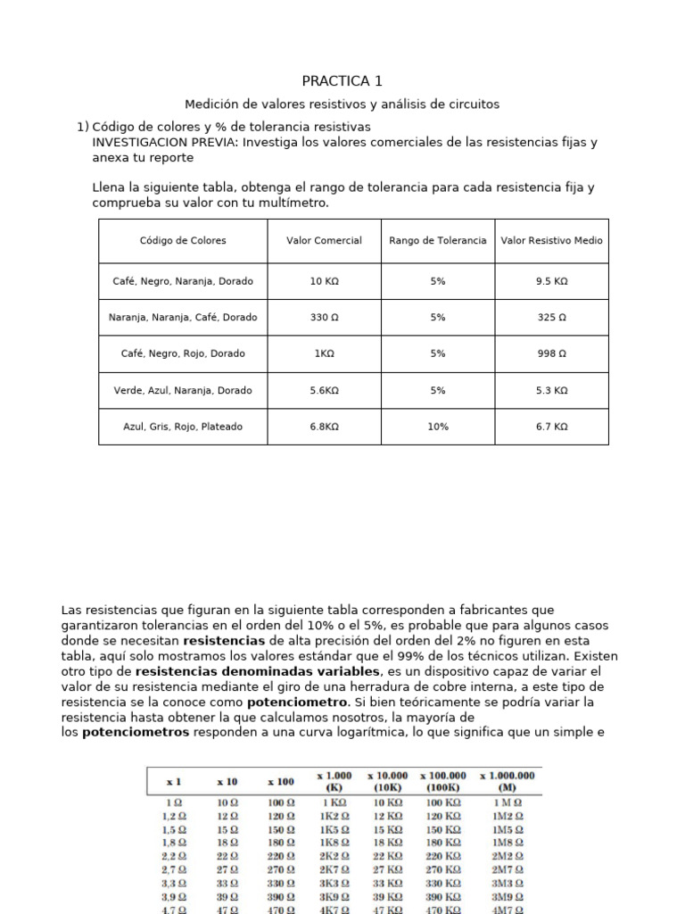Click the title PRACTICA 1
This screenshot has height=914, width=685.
point(342,81)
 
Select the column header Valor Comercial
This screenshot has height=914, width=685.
point(324,240)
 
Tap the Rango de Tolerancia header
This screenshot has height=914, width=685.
point(437,240)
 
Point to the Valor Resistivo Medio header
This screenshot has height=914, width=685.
point(551,240)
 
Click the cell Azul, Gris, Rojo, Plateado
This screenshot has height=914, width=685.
point(183,427)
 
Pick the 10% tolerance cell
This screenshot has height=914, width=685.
point(437,427)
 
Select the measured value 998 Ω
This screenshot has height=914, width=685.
point(551,353)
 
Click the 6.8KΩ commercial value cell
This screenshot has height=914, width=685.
point(324,427)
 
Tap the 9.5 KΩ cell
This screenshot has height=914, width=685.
point(551,280)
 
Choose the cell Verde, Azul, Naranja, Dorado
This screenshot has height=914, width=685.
point(183,390)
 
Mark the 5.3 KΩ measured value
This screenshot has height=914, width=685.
point(551,390)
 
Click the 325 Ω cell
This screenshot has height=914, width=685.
point(551,317)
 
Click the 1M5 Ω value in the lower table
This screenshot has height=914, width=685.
point(507,829)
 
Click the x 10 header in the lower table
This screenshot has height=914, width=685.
point(227,781)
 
